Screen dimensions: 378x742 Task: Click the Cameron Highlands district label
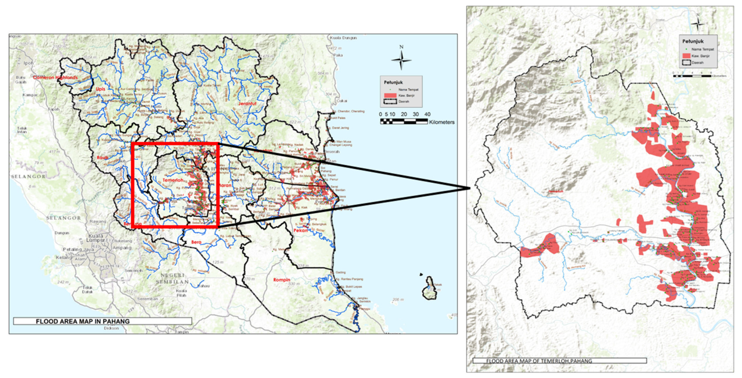55,77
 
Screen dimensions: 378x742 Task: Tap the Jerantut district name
247,103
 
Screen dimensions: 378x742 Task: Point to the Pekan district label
300,230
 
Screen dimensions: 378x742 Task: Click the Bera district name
196,242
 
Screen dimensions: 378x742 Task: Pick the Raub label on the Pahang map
102,157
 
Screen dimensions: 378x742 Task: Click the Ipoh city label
28,63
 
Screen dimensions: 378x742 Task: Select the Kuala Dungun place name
343,38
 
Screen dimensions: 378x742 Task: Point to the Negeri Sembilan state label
172,279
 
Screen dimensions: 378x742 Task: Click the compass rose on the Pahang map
401,60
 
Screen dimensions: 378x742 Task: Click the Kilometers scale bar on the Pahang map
404,121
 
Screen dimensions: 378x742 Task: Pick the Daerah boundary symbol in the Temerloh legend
687,62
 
